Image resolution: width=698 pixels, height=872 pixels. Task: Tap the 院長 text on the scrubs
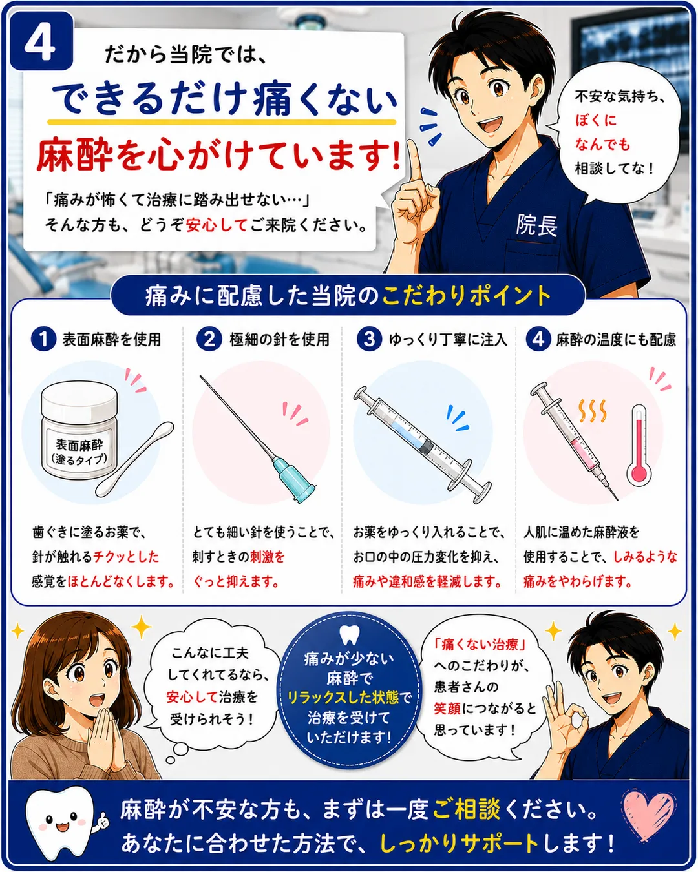536,225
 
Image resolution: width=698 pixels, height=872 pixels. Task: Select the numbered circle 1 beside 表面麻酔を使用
43,338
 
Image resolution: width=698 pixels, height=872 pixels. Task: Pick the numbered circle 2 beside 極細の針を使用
209,338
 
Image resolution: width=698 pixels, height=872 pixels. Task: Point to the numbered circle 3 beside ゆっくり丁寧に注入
369,338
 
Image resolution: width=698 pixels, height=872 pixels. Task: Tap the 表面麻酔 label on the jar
79,444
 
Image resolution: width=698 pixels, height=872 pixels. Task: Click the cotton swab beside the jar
134,459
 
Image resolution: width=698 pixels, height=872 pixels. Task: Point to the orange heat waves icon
593,411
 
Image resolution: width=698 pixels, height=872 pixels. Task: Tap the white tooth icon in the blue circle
349,635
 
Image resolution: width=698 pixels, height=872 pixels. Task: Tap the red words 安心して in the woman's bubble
192,697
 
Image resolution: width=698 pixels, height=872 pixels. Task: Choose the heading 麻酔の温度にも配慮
616,339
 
